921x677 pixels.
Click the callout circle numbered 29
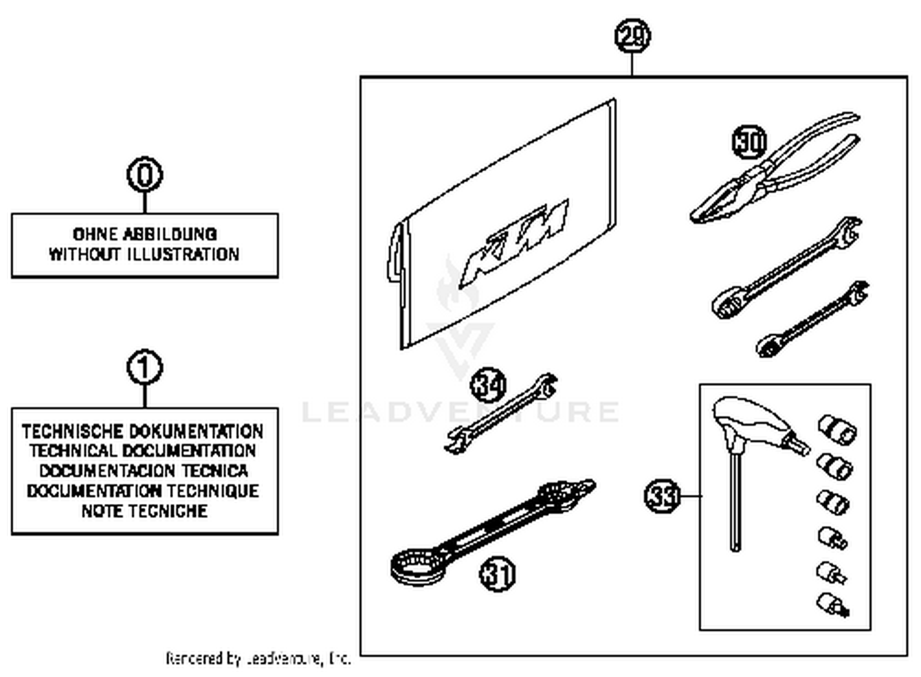point(632,36)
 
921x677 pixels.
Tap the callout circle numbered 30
point(750,142)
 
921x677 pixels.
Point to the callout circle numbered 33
point(663,495)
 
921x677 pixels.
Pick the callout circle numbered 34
point(488,385)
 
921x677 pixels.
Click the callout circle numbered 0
point(145,175)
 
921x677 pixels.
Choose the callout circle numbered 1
point(145,368)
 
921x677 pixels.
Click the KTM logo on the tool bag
point(516,242)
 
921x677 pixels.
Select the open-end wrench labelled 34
point(500,414)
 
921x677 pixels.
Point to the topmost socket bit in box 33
point(837,428)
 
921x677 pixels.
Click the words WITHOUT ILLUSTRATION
point(144,254)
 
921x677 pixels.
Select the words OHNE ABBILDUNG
point(145,234)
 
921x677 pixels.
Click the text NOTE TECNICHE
point(145,511)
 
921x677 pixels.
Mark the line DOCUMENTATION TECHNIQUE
point(143,491)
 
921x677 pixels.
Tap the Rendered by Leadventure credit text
point(258,659)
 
